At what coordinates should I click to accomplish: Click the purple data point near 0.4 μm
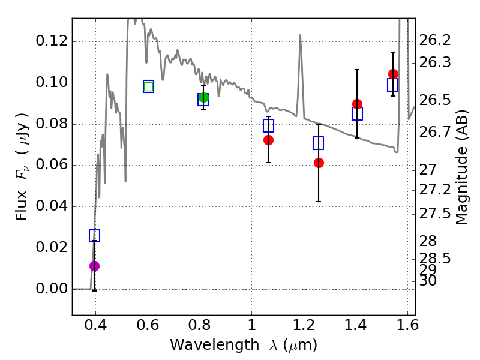click(x=94, y=266)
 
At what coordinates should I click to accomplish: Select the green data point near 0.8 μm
click(x=203, y=98)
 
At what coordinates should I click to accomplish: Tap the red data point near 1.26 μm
click(x=319, y=163)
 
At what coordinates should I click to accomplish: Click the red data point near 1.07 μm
click(x=268, y=140)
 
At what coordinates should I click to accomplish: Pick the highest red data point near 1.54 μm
click(x=393, y=74)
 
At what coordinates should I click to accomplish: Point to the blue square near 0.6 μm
click(x=148, y=86)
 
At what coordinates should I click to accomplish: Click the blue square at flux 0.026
click(x=94, y=236)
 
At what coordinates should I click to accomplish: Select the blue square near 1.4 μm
click(x=357, y=114)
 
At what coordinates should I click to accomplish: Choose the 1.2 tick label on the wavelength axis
click(x=304, y=328)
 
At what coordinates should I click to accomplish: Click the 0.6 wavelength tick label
click(x=148, y=328)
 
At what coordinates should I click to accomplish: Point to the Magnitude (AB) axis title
click(x=461, y=166)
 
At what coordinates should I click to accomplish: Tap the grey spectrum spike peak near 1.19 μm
click(x=299, y=35)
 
